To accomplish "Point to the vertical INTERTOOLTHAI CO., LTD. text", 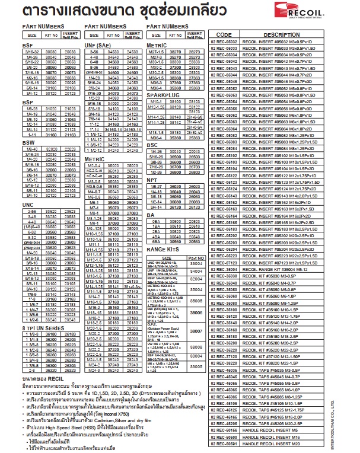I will coord(351,415).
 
